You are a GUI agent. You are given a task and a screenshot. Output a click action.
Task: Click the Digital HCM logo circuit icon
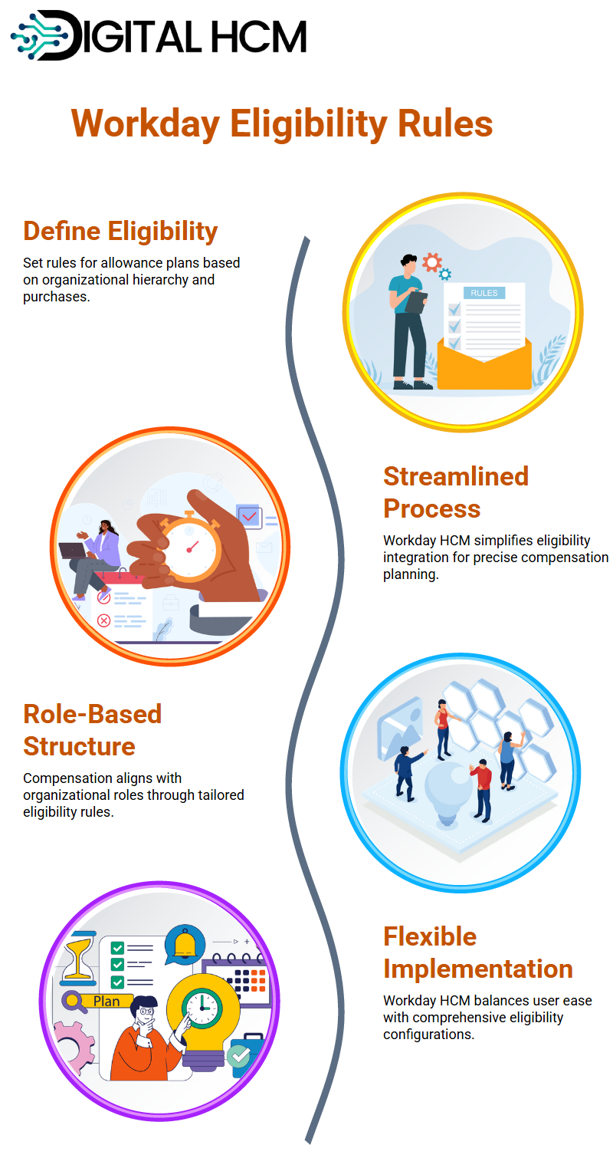coord(39,35)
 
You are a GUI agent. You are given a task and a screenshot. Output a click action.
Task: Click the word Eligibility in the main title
coord(308,124)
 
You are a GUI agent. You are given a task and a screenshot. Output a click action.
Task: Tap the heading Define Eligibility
coord(120,231)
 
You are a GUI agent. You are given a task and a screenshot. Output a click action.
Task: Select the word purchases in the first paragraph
coord(56,297)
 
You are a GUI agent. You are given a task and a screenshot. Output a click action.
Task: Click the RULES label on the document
coord(484,293)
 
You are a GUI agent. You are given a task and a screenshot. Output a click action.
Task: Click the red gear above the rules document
coord(431,262)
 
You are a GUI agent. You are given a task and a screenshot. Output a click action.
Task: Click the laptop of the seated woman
coord(72,551)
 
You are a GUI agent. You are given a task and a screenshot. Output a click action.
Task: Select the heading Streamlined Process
coord(455,492)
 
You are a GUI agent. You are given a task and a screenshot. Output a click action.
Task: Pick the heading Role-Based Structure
coord(93,730)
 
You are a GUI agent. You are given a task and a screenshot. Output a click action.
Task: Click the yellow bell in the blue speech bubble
coord(185,945)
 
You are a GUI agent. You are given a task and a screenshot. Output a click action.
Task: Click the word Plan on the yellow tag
coord(107,1002)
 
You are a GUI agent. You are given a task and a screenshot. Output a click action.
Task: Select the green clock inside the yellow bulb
coord(202,1008)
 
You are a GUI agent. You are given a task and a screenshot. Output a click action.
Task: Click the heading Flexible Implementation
coord(477,952)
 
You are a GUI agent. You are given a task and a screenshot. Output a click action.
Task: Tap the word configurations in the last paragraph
coord(428,1035)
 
